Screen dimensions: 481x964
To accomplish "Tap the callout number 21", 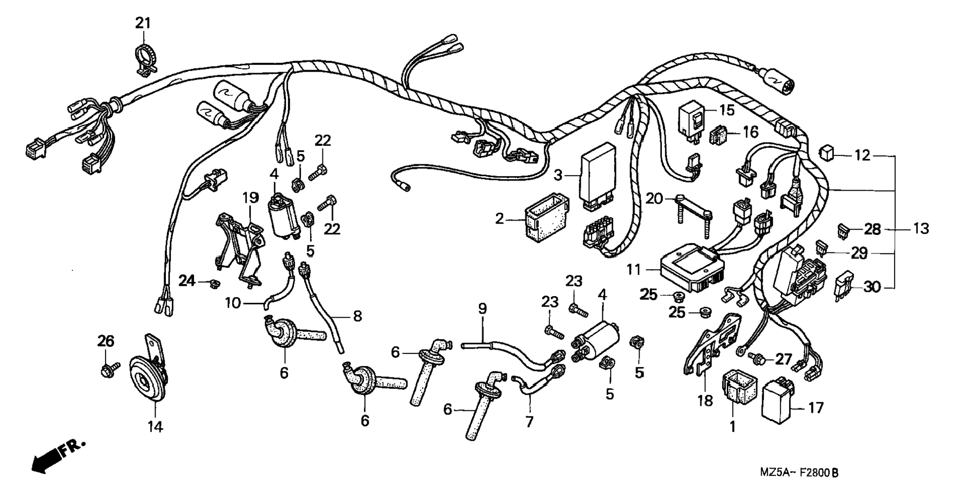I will pos(143,23).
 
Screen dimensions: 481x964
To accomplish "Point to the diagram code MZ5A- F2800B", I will pos(800,472).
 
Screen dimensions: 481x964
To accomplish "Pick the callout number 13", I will pos(921,229).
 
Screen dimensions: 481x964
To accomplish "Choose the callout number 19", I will pos(251,198).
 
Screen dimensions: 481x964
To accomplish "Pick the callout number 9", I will pos(482,309).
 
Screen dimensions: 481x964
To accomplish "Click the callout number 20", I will pos(654,199).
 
